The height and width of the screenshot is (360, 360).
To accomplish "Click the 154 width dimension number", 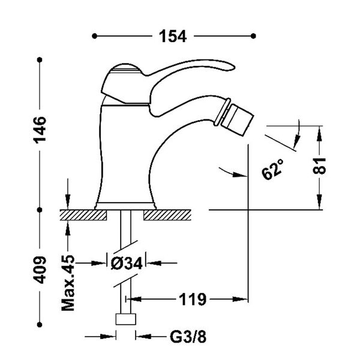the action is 173,36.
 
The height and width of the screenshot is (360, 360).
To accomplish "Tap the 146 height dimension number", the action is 40,130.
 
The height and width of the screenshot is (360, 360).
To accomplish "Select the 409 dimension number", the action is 40,270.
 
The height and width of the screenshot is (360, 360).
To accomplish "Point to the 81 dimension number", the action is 319,166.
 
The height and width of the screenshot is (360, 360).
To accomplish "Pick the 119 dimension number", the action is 193,299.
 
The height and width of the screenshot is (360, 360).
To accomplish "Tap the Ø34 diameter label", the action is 127,263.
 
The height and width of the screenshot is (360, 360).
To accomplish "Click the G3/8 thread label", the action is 188,337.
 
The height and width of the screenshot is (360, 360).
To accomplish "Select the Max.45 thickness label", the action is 68,283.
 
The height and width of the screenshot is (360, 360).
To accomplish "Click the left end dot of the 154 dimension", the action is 94,36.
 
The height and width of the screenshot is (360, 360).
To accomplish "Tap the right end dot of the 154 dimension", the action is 253,36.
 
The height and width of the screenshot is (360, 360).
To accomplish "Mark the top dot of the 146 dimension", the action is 40,60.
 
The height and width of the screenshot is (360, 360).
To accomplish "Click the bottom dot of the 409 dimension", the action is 40,325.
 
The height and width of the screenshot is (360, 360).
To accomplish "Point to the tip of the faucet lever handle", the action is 235,67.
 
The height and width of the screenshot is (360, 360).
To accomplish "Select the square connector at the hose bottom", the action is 125,319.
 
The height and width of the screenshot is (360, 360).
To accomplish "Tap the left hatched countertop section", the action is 83,215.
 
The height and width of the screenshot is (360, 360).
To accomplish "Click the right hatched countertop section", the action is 167,215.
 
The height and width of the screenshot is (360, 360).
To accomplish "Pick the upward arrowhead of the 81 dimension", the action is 319,134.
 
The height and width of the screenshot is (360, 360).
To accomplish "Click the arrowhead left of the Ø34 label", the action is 99,263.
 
